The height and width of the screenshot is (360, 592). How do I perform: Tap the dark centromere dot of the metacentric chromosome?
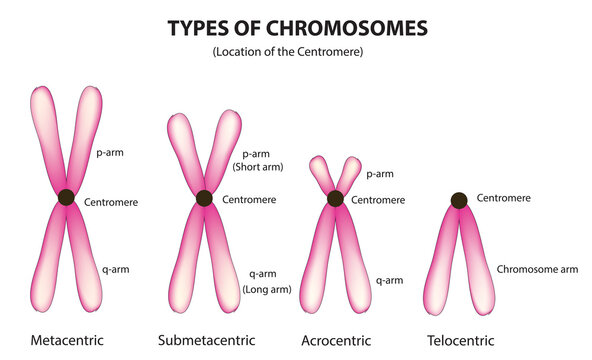click(x=67, y=197)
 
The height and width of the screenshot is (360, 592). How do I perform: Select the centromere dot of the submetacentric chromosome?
click(x=204, y=198)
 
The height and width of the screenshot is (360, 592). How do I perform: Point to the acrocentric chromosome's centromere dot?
click(x=335, y=199)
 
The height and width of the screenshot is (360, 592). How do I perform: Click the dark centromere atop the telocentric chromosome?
click(x=458, y=200)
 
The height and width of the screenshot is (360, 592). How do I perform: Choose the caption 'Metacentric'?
click(x=68, y=340)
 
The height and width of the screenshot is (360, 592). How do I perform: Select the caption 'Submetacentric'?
click(x=206, y=340)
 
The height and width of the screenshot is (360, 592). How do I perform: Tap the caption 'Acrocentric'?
click(x=335, y=340)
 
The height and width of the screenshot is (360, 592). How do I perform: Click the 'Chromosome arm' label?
click(x=536, y=269)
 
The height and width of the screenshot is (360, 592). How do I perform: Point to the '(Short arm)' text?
click(x=258, y=168)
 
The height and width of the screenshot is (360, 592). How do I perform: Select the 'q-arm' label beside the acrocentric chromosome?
click(x=389, y=281)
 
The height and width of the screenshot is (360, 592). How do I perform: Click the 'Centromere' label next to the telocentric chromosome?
click(x=504, y=199)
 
